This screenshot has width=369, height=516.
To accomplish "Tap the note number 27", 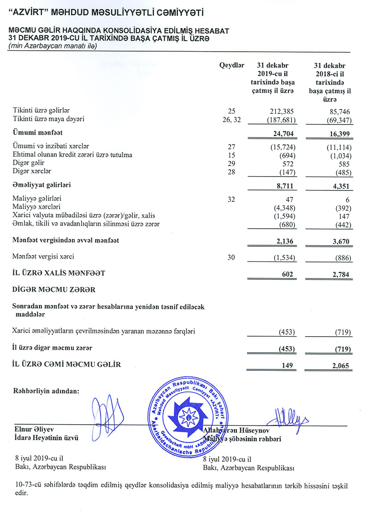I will pyautogui.click(x=232, y=147).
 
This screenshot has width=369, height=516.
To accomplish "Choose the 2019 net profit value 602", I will pyautogui.click(x=287, y=273).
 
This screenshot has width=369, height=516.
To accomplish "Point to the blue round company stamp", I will pyautogui.click(x=187, y=414).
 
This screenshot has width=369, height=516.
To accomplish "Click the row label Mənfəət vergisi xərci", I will pyautogui.click(x=43, y=256).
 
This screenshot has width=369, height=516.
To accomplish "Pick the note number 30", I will pyautogui.click(x=232, y=256).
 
